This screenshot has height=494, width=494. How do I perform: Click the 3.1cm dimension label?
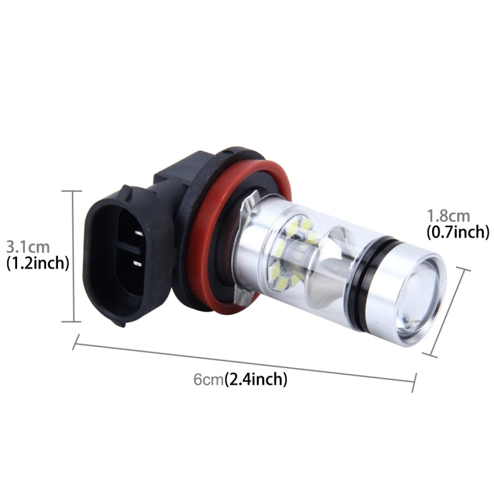click(28, 247)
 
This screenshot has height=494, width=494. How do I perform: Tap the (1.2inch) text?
click(38, 263)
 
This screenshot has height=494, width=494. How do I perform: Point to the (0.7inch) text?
click(458, 232)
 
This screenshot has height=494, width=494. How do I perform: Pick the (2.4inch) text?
click(256, 379)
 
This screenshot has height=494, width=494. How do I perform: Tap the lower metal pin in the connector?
click(138, 264)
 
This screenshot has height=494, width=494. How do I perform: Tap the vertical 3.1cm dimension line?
click(72, 257)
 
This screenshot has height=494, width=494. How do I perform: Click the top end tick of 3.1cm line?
click(72, 191)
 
